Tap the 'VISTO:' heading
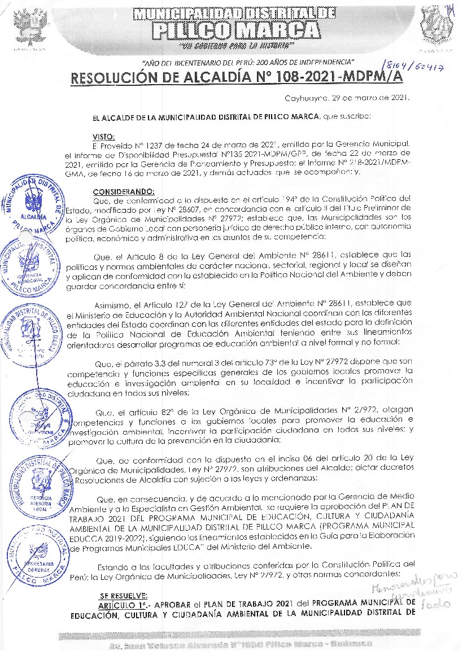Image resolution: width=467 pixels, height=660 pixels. coord(103,136)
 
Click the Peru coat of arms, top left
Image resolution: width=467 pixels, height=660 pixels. coord(28,25)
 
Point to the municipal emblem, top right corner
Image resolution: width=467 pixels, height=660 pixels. coord(437,24)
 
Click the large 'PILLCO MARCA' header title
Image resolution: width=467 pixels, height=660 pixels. coord(235,29)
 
